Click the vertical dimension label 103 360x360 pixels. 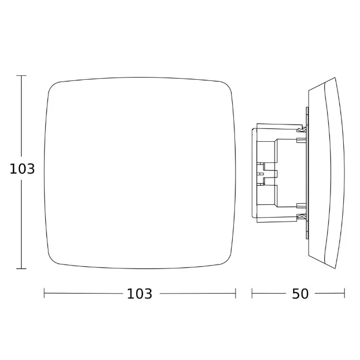click(22, 169)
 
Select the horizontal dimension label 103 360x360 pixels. click(140, 294)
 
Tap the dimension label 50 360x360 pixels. click(300, 294)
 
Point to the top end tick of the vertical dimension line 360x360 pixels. click(21, 75)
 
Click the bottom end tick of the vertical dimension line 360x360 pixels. click(21, 268)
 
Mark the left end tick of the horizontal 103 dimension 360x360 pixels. click(44, 294)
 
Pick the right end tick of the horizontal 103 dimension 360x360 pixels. click(236, 294)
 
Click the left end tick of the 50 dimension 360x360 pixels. click(252, 294)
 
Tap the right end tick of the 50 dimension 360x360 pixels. click(344, 294)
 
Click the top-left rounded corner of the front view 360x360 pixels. click(52, 85)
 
